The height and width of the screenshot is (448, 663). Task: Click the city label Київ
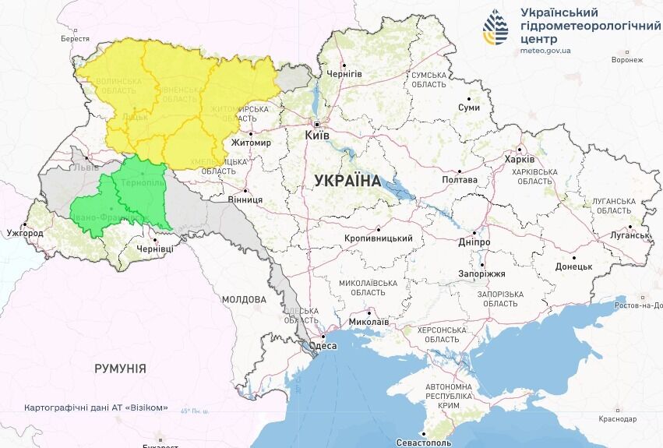pos(317,136)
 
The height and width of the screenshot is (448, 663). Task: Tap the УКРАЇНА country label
pos(347,181)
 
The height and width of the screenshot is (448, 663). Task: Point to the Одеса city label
pos(323,346)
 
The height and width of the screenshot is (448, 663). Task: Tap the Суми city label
pos(469,108)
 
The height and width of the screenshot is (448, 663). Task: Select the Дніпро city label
pos(474,242)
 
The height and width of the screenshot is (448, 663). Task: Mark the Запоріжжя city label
pos(481,273)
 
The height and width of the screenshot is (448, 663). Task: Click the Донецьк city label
pos(574,266)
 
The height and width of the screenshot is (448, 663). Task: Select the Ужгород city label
pos(25,233)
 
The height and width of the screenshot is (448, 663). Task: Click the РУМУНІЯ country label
pos(120,368)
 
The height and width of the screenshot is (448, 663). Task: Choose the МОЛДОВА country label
pos(244,299)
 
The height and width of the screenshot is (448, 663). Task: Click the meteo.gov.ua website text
pos(545,51)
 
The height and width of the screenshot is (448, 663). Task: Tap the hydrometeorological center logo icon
pos(495,28)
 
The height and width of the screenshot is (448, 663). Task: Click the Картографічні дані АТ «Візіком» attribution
pos(96,407)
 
